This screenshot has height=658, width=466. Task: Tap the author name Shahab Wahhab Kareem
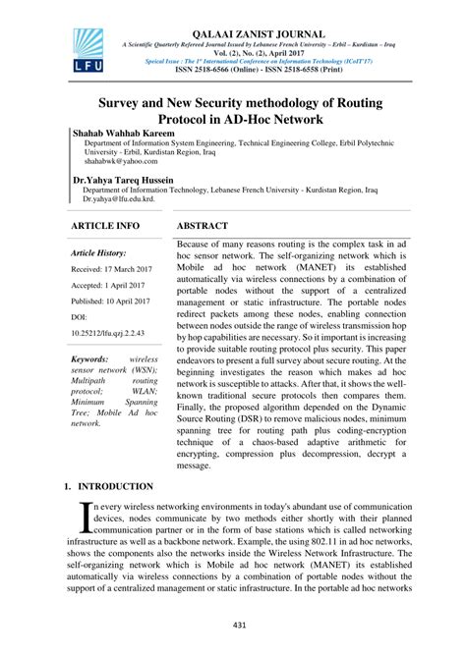(x=129, y=131)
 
